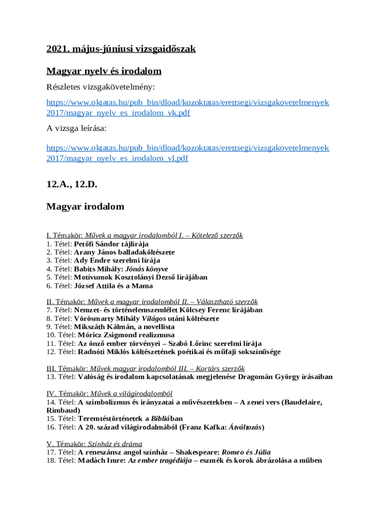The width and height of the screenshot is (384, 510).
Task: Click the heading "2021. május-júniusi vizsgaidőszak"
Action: (121, 49)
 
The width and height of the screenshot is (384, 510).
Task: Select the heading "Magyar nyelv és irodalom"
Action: (104, 71)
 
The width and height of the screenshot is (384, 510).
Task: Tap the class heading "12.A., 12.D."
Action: (72, 184)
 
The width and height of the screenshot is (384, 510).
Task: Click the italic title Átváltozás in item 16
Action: (245, 427)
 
